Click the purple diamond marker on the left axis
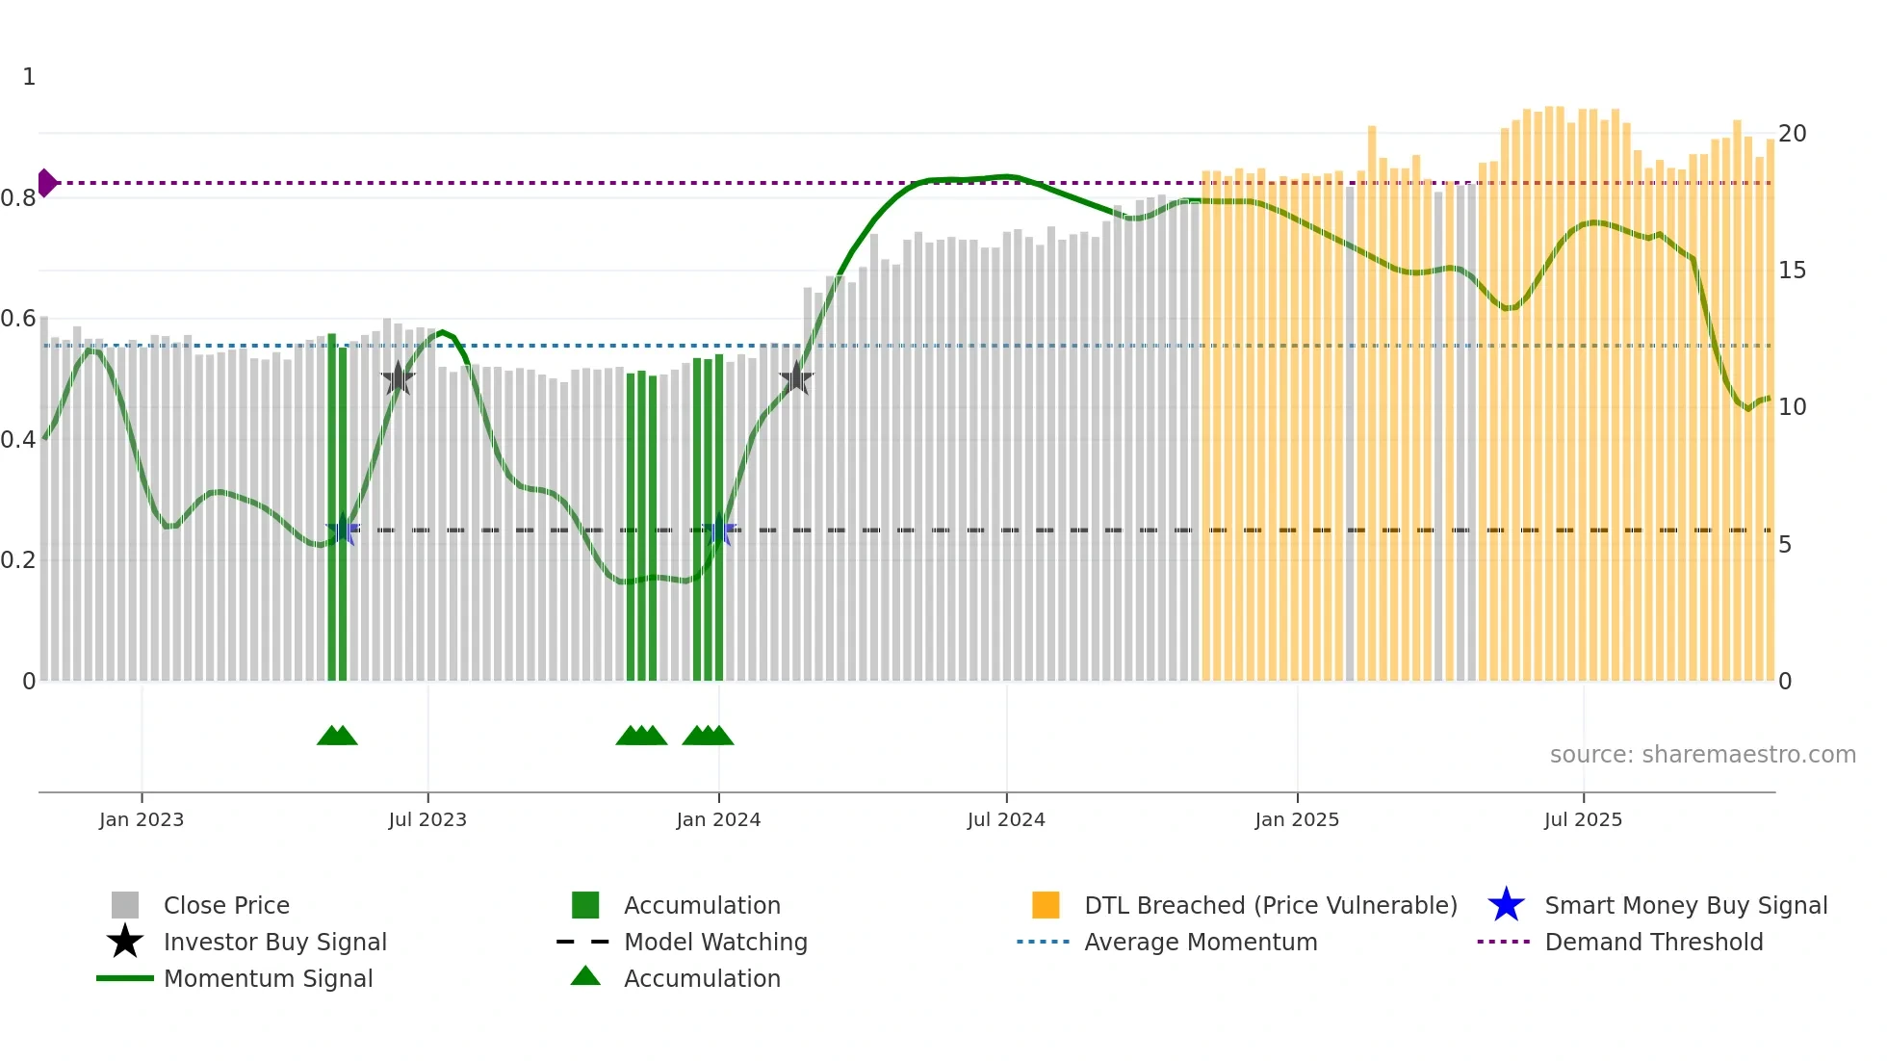(46, 182)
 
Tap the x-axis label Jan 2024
(718, 819)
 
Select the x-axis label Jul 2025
(1583, 819)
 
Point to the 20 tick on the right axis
(1792, 134)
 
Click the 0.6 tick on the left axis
(18, 319)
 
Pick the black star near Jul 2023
(398, 378)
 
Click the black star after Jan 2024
(796, 378)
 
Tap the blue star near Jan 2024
(719, 530)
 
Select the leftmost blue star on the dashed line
(343, 530)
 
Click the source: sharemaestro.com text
(1702, 754)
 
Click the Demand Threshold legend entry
(1653, 942)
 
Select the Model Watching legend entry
(714, 942)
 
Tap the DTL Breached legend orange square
(1046, 905)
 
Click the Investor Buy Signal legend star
(125, 942)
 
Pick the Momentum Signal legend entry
(268, 978)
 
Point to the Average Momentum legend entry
(1200, 942)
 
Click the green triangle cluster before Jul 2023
(337, 736)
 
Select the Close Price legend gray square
(125, 905)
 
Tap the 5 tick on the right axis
(1785, 545)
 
